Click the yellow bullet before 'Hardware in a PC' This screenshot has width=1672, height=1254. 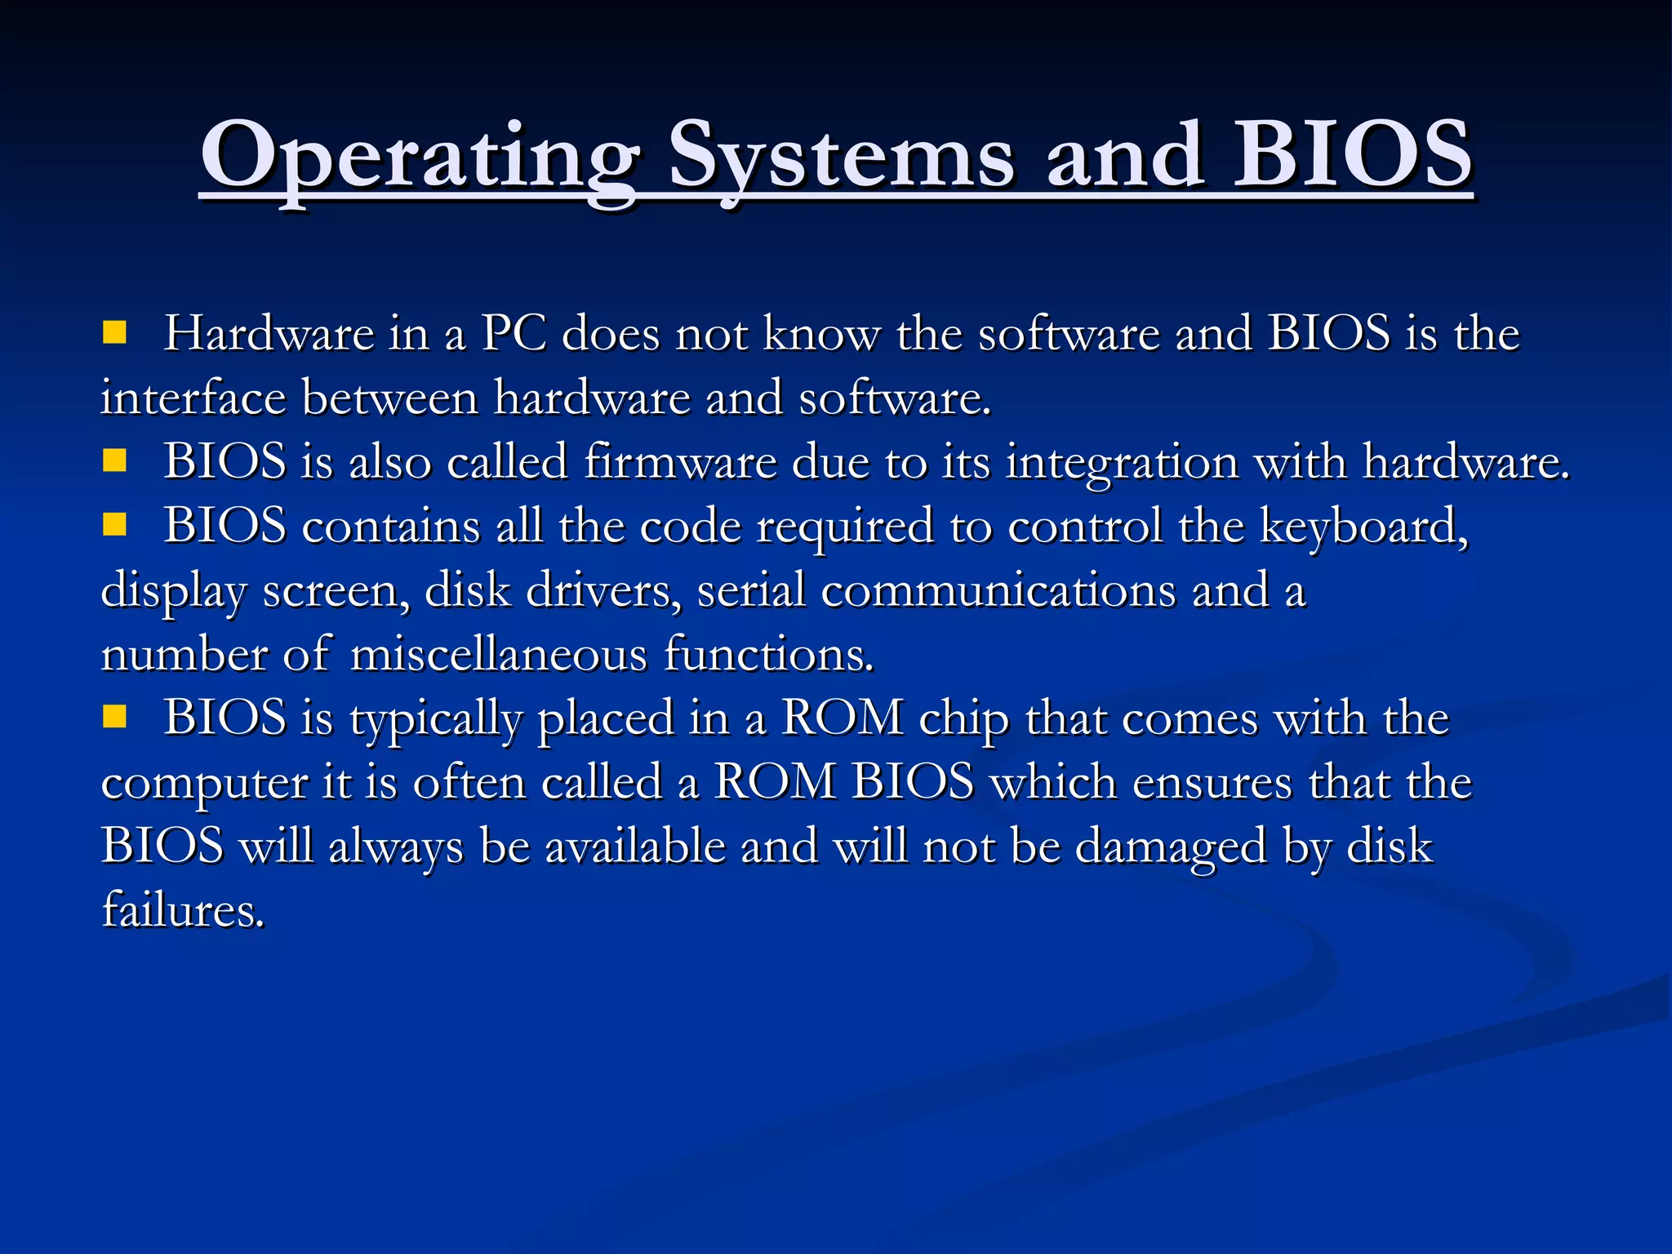[x=114, y=332]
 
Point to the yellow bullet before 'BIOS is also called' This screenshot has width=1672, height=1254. [x=114, y=461]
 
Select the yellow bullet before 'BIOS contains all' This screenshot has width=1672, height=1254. [x=114, y=525]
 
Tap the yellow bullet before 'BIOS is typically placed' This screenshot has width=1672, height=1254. [x=114, y=718]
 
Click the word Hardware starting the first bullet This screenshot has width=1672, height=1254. [x=269, y=334]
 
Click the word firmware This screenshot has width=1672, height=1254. [x=680, y=462]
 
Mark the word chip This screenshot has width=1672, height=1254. [x=964, y=719]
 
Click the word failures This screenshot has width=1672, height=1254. [x=183, y=909]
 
